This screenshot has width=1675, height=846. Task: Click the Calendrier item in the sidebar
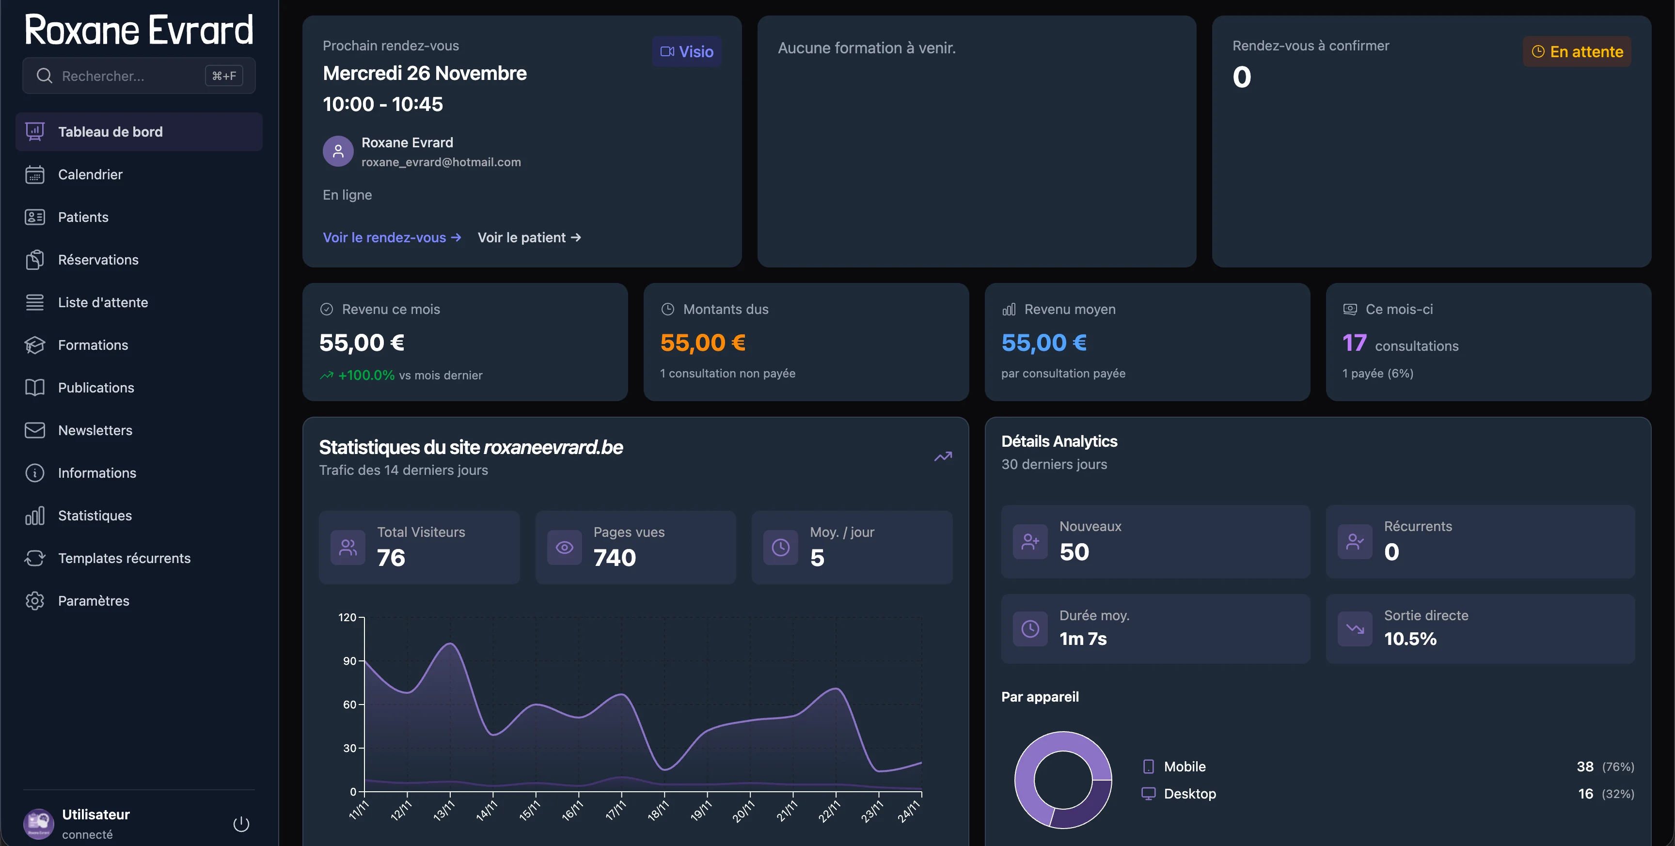coord(90,174)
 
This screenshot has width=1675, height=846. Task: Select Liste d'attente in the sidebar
coord(103,302)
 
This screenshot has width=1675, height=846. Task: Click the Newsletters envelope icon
coord(34,430)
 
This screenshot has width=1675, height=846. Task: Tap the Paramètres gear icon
coord(34,601)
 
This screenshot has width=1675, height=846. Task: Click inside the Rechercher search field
coord(124,76)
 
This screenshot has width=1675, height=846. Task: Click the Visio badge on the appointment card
coord(687,51)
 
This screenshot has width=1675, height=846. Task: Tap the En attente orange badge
coord(1577,52)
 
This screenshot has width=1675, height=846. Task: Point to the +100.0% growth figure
coord(366,375)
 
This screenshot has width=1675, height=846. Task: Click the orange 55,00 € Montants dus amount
coord(702,343)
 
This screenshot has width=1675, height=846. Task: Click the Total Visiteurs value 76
coord(391,558)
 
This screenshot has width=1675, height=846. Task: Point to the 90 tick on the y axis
coord(350,661)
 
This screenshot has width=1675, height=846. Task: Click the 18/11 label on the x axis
coord(658,810)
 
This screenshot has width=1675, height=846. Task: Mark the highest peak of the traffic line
coord(450,644)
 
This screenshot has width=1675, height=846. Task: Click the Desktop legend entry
coord(1189,794)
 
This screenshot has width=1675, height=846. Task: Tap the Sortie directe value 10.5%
coord(1410,639)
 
